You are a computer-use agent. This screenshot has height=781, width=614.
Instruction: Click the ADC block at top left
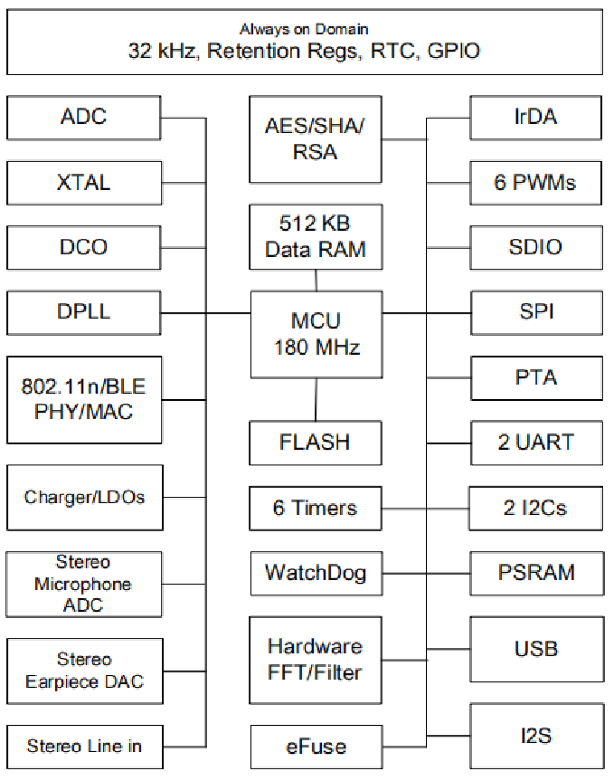click(84, 117)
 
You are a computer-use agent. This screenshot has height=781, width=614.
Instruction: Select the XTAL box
click(84, 182)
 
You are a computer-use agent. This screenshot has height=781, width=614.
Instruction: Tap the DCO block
click(84, 247)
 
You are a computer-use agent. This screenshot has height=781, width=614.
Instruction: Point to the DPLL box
click(84, 312)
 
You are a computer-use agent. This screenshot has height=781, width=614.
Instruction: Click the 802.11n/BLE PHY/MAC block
click(84, 398)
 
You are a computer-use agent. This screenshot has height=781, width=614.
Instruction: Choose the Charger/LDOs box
click(84, 497)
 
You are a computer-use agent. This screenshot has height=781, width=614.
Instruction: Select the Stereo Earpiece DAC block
click(84, 671)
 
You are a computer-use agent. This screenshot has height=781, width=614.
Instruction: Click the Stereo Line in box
click(84, 747)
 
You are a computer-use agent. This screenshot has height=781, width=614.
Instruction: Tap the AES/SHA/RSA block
click(315, 138)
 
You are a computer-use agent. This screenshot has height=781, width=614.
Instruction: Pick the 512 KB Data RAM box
click(315, 236)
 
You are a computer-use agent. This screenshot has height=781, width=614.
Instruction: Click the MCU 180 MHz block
click(315, 335)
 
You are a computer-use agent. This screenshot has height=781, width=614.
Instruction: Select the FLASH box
click(315, 443)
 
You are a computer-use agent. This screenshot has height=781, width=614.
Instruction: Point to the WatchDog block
click(315, 573)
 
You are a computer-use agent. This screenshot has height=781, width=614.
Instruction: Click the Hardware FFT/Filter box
click(315, 660)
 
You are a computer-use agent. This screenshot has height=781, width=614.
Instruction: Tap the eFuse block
click(315, 748)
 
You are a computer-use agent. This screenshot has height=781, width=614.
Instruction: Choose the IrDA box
click(536, 117)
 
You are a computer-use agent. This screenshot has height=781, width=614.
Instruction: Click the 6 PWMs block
click(536, 183)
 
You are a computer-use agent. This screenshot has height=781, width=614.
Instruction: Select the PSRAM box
click(536, 573)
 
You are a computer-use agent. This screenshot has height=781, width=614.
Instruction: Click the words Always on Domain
click(304, 30)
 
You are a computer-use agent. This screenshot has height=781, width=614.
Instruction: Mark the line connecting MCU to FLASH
click(316, 400)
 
